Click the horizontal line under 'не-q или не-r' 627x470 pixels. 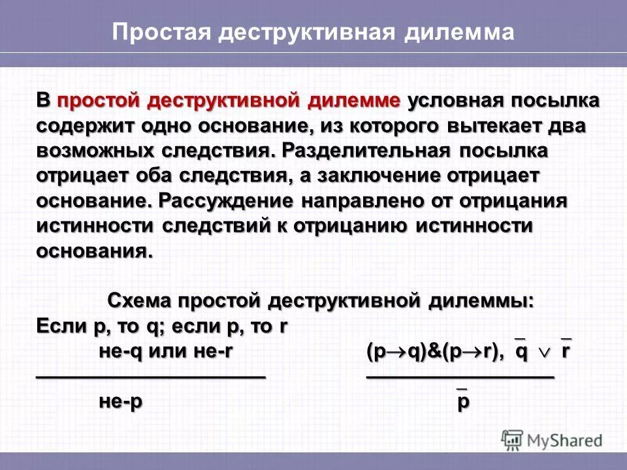tap(150, 377)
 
